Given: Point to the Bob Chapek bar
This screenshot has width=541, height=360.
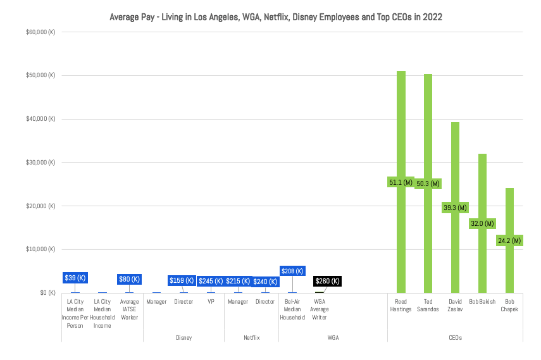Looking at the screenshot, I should point(509,209).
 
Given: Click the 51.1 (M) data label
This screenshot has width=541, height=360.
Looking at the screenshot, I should point(401,183).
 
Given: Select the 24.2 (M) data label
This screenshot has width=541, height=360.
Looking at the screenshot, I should point(509,240).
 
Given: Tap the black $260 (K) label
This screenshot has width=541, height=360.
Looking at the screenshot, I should point(327,282).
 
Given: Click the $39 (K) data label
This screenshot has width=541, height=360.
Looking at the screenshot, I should point(75,278).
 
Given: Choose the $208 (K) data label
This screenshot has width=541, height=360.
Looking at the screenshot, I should point(292,271).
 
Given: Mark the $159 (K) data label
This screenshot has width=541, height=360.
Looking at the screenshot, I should point(182,281).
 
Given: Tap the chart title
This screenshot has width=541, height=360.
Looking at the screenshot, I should point(270,17).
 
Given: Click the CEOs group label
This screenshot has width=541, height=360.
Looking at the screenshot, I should point(454,338).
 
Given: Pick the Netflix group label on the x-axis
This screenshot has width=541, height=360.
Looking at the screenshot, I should point(251,338).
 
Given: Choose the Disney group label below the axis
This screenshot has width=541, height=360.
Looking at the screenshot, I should point(183,338).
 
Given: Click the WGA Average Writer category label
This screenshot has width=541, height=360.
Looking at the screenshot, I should point(319,309).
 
